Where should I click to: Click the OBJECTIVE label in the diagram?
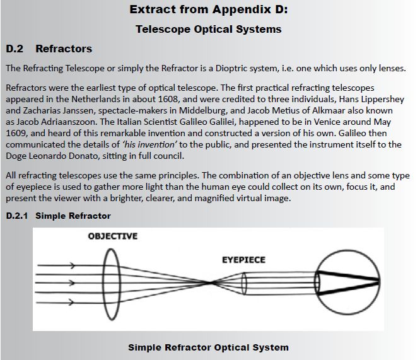click(113, 236)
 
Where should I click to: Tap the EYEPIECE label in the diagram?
click(244, 260)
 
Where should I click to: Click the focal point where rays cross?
click(211, 282)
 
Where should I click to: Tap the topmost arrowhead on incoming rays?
click(72, 265)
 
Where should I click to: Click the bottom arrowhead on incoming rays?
click(71, 303)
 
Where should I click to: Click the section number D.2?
click(15, 49)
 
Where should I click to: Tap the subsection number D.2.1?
click(17, 216)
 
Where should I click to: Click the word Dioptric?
click(231, 68)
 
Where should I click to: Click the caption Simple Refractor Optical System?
click(208, 347)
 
